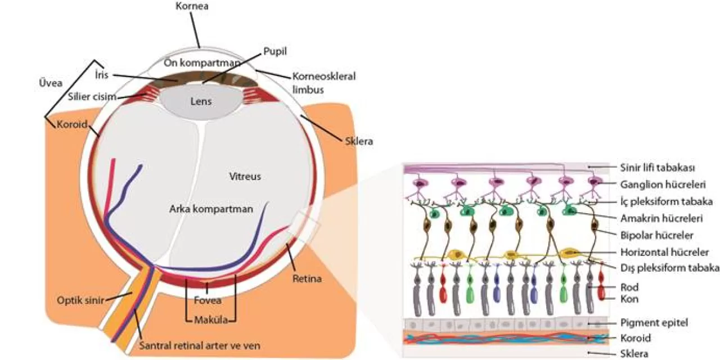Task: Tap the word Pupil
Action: click(275, 52)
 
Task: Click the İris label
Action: click(102, 75)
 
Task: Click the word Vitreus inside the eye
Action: click(245, 177)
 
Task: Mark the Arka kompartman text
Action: click(210, 209)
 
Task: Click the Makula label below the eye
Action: click(211, 321)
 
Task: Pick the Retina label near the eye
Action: click(307, 278)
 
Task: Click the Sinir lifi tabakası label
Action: click(658, 168)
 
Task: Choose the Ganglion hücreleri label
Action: click(663, 184)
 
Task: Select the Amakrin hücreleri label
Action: click(661, 218)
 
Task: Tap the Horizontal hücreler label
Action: click(664, 253)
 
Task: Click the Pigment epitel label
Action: click(654, 323)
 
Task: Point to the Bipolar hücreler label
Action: click(656, 235)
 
